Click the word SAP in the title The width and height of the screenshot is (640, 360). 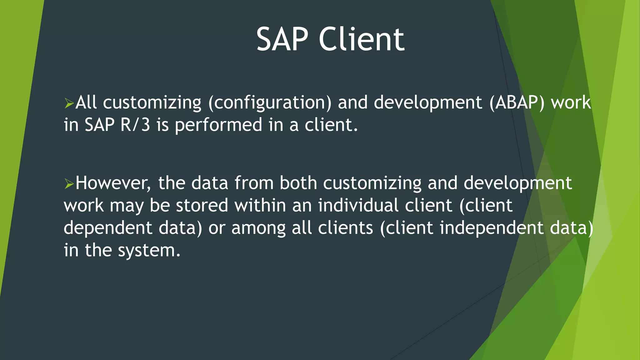pyautogui.click(x=282, y=39)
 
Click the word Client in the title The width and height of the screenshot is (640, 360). pyautogui.click(x=362, y=39)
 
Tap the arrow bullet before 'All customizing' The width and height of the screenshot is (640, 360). pyautogui.click(x=69, y=103)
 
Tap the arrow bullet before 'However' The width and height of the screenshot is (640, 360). pyautogui.click(x=69, y=183)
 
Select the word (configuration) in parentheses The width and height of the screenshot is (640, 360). pyautogui.click(x=270, y=103)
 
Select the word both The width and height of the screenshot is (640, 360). pyautogui.click(x=298, y=183)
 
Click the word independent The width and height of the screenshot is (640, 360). pyautogui.click(x=492, y=228)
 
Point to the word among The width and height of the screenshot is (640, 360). pyautogui.click(x=258, y=228)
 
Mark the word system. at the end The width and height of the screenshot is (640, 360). pyautogui.click(x=149, y=251)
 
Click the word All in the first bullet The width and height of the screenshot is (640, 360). pyautogui.click(x=86, y=103)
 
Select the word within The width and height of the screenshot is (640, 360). pyautogui.click(x=260, y=206)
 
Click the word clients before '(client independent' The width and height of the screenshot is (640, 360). pyautogui.click(x=345, y=228)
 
